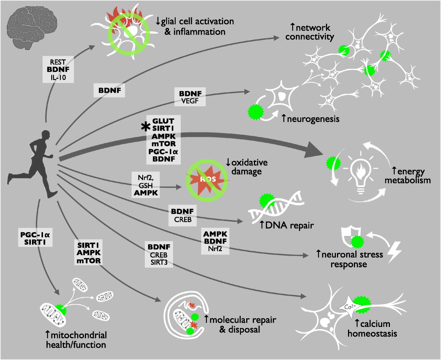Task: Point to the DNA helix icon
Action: click(274, 210)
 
